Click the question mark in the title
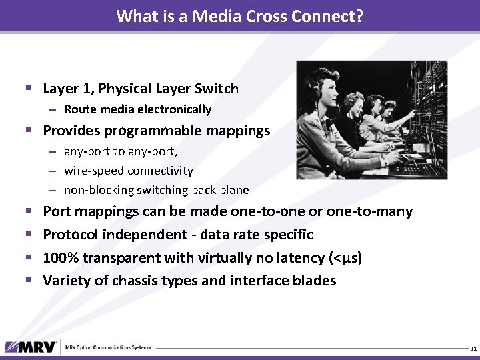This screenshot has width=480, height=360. pyautogui.click(x=359, y=16)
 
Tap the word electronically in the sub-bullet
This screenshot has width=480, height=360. pyautogui.click(x=175, y=109)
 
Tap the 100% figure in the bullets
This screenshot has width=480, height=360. pyautogui.click(x=59, y=257)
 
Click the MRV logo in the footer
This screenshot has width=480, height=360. pyautogui.click(x=32, y=347)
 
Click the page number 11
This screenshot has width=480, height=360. pyautogui.click(x=473, y=349)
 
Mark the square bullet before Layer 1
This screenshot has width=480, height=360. pyautogui.click(x=28, y=89)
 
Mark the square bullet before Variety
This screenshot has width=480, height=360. pyautogui.click(x=28, y=281)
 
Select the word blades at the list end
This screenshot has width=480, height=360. pyautogui.click(x=314, y=281)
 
